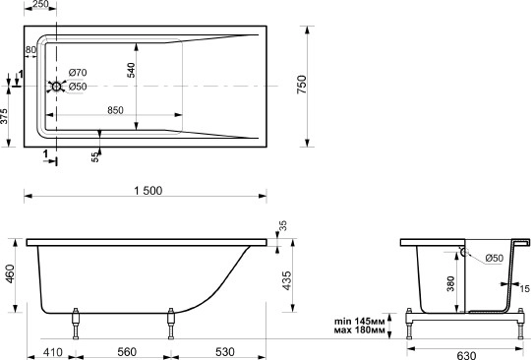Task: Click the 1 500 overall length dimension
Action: click(148, 191)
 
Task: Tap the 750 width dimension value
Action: click(302, 85)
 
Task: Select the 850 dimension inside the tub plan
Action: click(115, 110)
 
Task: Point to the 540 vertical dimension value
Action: click(131, 70)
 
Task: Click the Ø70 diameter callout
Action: click(78, 73)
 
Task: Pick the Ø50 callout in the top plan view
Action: click(78, 87)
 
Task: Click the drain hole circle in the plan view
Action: click(56, 87)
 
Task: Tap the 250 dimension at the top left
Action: click(41, 4)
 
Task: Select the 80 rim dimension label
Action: click(30, 49)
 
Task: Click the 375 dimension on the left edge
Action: click(4, 116)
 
